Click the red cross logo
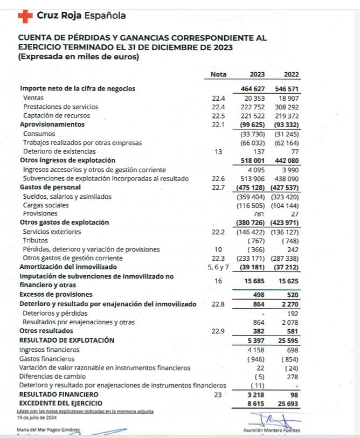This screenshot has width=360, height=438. pos(25,16)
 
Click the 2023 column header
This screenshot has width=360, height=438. pos(257,75)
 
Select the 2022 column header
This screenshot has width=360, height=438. pos(291,75)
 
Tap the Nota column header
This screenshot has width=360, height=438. pos(218,75)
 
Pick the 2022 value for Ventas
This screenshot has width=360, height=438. pos(289,98)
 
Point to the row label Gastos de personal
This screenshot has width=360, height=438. pos(50,187)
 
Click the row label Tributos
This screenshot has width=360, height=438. pos(36,240)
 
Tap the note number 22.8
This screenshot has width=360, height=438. pos(218,304)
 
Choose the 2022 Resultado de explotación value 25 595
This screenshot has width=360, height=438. pos(288,340)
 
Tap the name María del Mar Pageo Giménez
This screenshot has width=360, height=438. pos(48,430)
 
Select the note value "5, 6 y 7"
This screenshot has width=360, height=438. pos(218,267)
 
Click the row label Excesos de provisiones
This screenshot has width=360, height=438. pos(56,295)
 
